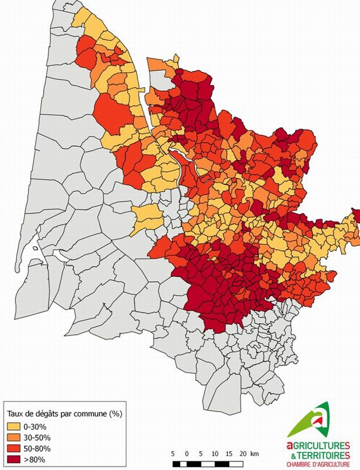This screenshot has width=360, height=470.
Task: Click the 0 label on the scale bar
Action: click(x=187, y=454)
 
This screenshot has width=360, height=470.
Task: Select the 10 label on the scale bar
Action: click(x=215, y=454)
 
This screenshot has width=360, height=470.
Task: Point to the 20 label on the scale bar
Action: click(x=243, y=454)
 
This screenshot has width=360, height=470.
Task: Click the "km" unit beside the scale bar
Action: click(x=255, y=454)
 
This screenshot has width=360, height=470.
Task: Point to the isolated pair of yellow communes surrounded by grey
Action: click(x=147, y=218)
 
